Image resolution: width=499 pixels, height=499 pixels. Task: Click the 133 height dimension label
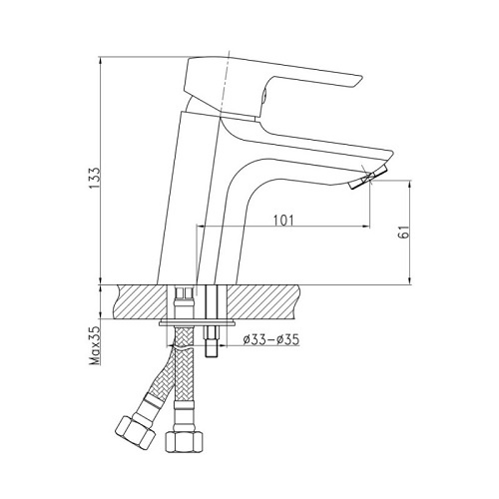coord(95,178)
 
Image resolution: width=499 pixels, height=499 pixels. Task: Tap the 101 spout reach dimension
coord(283,221)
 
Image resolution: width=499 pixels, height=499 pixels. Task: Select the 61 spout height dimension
coord(403,232)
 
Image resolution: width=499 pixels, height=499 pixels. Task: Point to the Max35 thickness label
coord(95,345)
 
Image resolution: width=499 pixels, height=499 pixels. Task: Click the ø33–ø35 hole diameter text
coord(271,339)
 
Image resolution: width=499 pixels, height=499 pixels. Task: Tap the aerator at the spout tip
coord(369,177)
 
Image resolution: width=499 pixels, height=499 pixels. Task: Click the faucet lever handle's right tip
coord(360,79)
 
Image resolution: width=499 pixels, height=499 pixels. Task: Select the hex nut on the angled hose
coord(136,432)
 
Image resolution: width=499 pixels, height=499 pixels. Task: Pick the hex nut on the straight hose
coord(184,441)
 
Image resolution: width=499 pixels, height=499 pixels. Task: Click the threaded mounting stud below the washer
coord(212,342)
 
